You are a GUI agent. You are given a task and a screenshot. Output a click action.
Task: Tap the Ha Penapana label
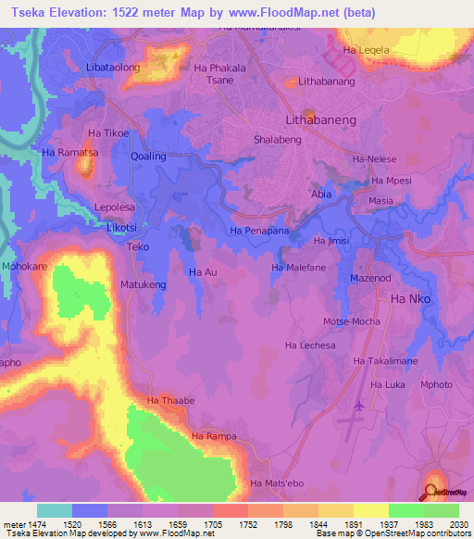point(259,229)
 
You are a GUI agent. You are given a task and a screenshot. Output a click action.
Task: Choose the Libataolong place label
point(113,69)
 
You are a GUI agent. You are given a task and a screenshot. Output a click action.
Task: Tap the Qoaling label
point(148,157)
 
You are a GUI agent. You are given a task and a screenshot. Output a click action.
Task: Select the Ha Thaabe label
point(170,400)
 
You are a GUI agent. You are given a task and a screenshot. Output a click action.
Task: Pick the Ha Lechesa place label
point(310,345)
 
